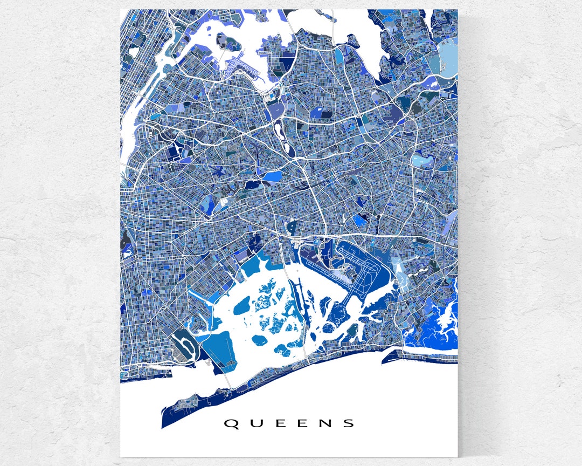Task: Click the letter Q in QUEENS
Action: (231, 423)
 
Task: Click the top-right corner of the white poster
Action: (458, 9)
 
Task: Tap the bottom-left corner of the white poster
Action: (120, 457)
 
